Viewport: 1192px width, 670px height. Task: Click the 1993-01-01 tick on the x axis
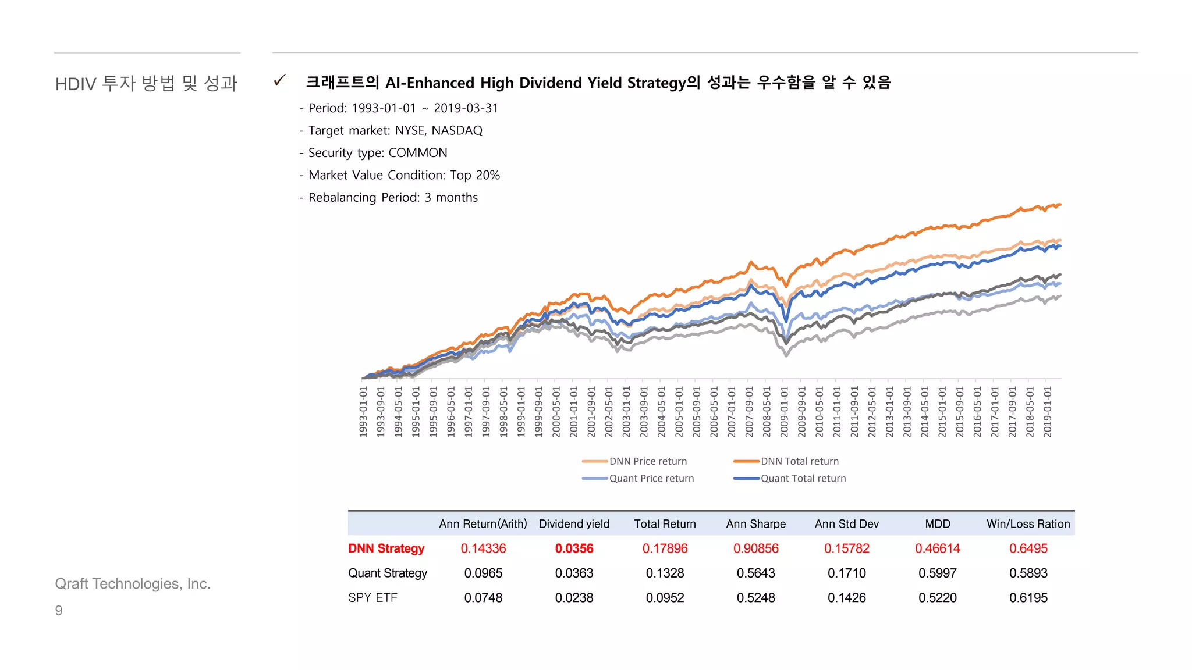(x=363, y=412)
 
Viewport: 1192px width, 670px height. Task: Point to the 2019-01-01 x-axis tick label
(x=1047, y=412)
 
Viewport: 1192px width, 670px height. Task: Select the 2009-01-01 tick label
(x=784, y=412)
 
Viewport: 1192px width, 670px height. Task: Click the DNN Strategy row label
(x=386, y=548)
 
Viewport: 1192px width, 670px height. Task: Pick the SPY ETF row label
(x=372, y=598)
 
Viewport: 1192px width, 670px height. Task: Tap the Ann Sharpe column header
(x=755, y=524)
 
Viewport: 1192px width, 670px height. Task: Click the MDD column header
(x=937, y=524)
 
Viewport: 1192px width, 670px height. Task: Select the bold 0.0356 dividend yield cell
(x=574, y=548)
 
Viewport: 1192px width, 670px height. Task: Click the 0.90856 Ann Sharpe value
(x=755, y=548)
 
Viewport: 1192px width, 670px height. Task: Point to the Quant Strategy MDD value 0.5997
(x=937, y=573)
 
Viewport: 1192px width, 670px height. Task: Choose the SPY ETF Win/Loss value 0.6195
(x=1028, y=598)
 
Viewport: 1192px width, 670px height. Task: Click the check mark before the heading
(x=280, y=81)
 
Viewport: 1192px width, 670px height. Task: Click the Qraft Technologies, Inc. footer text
(x=133, y=584)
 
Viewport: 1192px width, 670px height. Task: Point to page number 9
(x=59, y=611)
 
